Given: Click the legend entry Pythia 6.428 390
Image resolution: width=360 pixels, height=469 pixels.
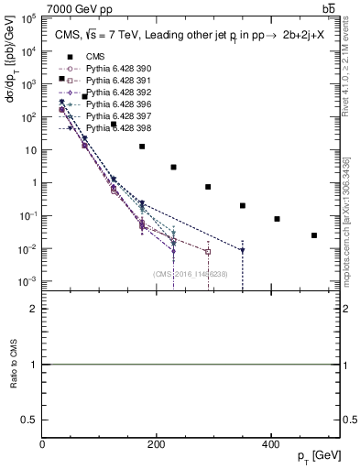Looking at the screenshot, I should pos(110,69).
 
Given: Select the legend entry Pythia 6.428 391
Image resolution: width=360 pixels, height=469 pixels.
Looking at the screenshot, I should pos(110,81).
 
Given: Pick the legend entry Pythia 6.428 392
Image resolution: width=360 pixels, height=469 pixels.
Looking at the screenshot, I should pos(110,93).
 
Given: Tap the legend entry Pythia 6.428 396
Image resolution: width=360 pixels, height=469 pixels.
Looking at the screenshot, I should pos(110,104).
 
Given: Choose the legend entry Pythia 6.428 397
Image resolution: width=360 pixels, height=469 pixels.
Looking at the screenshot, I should pos(110,116).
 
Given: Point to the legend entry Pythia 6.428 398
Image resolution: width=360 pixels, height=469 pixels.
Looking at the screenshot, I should pos(110,128).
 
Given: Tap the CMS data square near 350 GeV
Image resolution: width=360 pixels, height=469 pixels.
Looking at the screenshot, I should pos(243,206).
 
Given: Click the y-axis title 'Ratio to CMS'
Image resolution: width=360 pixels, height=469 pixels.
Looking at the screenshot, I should pos(13,365).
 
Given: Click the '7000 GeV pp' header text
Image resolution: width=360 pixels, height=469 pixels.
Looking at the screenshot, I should pos(75,8).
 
